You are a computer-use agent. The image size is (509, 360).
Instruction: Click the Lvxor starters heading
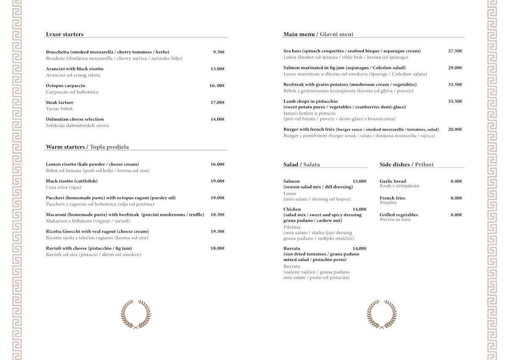64,34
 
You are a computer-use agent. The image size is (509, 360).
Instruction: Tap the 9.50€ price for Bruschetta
218,52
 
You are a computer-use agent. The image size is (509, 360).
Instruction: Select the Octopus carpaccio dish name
65,86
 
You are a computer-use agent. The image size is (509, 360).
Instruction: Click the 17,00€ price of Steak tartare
218,102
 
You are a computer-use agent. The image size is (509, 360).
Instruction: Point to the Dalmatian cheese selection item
75,119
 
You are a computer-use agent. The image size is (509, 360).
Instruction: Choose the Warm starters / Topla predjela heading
87,147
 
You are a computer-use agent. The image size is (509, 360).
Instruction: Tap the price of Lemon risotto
218,164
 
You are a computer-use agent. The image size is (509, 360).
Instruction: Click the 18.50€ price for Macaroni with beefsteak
218,215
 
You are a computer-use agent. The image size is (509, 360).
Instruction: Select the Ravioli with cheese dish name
89,248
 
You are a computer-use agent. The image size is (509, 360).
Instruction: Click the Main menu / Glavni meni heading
318,34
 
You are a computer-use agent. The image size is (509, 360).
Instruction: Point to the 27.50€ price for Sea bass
455,51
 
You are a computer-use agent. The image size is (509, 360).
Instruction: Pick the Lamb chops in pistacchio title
310,101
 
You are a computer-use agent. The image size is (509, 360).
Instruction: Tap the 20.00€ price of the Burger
455,129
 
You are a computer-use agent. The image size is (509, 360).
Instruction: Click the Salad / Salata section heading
302,165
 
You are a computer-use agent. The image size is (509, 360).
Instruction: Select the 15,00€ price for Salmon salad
360,181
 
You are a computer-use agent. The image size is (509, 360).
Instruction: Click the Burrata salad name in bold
292,248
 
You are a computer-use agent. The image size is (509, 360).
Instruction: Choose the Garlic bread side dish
393,181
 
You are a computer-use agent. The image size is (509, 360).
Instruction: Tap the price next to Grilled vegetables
456,215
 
